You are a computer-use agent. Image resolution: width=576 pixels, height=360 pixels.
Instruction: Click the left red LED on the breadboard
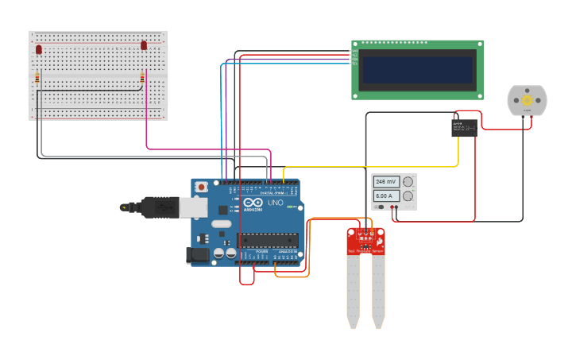tap(38, 49)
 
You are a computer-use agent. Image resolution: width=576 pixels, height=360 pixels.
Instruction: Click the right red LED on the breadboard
tap(144, 45)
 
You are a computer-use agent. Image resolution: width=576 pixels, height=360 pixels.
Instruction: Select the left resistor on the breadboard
tap(37, 78)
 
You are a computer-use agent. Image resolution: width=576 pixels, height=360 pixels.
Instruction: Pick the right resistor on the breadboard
tap(142, 78)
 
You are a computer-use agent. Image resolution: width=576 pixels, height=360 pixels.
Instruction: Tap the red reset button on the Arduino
tap(202, 188)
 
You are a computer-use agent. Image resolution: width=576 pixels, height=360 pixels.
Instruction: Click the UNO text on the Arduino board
tap(275, 203)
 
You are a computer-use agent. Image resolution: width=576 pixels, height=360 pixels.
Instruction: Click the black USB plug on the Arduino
tap(160, 207)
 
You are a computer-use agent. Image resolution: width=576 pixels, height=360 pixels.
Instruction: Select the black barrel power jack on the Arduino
tap(198, 255)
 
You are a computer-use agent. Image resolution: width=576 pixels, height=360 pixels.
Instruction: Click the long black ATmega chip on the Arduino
tap(267, 240)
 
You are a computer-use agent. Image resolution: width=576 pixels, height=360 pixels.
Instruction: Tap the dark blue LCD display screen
tap(417, 70)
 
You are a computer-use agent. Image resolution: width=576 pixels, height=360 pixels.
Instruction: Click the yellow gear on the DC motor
tap(527, 101)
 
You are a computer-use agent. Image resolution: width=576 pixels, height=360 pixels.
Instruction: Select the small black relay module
tap(464, 127)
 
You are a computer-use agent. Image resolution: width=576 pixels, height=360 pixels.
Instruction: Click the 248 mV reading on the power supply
tap(386, 182)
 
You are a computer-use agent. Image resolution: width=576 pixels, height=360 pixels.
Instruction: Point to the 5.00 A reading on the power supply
tap(386, 195)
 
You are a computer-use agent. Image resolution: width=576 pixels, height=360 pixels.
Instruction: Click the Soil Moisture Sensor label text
tap(365, 251)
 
